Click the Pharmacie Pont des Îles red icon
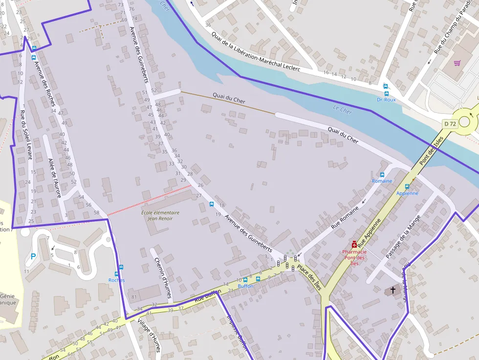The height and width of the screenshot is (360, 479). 354,244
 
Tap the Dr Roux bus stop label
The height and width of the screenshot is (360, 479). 386,100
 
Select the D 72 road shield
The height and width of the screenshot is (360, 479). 450,124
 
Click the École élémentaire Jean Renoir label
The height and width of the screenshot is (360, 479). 160,215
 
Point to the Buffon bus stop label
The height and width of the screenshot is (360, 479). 245,286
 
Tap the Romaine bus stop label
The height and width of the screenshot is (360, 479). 382,181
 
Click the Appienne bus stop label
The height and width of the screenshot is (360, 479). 407,193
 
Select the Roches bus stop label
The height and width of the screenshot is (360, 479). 116,280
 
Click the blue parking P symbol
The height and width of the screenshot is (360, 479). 33,256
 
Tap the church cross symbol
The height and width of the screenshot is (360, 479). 393,290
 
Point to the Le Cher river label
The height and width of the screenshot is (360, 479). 342,110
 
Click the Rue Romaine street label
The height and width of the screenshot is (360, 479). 345,217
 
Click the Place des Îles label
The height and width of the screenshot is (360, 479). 309,277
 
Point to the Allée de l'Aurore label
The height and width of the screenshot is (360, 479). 55,178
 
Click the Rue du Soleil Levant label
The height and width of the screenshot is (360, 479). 26,135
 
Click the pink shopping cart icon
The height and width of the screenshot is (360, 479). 457,63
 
